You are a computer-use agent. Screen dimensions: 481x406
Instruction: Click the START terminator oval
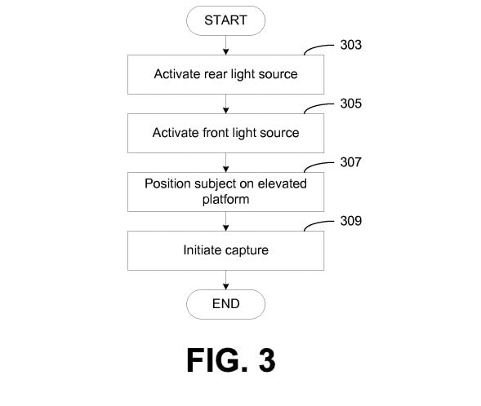(225, 20)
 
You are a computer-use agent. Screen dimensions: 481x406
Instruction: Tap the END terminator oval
(225, 304)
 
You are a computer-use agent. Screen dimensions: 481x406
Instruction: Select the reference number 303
(351, 45)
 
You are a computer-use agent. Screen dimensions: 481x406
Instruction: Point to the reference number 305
(351, 104)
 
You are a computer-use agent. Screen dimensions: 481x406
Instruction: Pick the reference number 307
(351, 162)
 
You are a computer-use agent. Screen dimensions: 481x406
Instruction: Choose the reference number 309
(351, 221)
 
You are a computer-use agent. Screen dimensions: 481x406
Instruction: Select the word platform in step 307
(225, 200)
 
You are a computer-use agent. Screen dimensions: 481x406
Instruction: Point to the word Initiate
(203, 250)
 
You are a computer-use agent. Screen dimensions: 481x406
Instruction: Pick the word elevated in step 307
(283, 183)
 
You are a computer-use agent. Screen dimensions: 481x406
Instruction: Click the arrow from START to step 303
(225, 46)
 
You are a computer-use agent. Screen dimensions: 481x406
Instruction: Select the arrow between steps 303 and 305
(225, 104)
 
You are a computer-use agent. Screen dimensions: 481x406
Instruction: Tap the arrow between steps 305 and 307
(225, 162)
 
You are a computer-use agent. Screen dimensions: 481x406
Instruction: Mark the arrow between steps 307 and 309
(225, 222)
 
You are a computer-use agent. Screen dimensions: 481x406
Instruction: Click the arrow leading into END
(225, 280)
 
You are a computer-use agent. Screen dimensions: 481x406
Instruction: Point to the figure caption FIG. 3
(230, 360)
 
